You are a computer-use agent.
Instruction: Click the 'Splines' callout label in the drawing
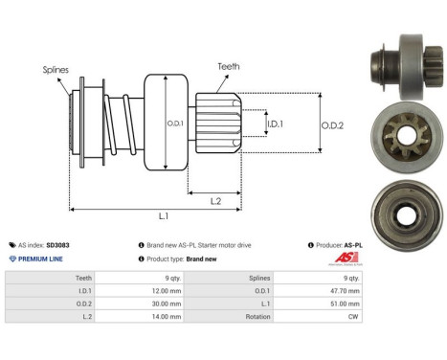pyautogui.click(x=56, y=69)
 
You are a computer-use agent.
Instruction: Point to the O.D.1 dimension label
pyautogui.click(x=173, y=122)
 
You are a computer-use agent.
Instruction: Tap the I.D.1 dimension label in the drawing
pyautogui.click(x=274, y=124)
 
